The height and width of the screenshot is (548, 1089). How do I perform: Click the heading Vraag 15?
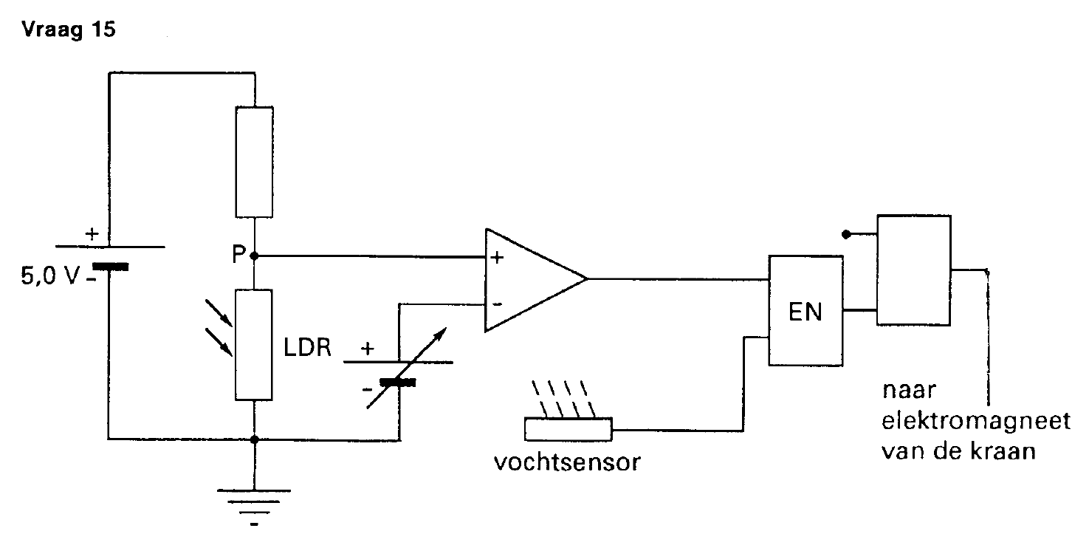(69, 30)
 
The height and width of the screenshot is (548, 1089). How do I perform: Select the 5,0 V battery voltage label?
(49, 275)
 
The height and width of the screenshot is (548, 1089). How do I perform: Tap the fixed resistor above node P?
(254, 162)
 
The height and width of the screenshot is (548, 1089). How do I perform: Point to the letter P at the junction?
(238, 254)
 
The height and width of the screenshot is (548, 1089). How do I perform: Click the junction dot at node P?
(254, 256)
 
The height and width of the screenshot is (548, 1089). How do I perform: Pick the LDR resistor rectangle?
(254, 345)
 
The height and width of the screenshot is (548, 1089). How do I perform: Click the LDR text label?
(307, 348)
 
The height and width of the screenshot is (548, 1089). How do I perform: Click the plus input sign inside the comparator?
(497, 257)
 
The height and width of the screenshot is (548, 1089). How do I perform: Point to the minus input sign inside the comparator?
(497, 304)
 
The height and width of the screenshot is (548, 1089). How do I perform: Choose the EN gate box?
(805, 311)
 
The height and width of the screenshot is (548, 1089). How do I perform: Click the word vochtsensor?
(567, 462)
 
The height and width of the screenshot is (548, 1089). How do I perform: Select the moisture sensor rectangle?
(568, 429)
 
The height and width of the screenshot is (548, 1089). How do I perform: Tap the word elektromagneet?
(976, 421)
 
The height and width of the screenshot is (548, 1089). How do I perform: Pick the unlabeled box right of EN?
(914, 270)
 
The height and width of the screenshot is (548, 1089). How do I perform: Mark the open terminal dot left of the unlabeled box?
(846, 234)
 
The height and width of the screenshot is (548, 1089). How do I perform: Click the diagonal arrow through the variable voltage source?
(406, 368)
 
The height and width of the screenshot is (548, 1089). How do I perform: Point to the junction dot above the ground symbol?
(254, 439)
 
